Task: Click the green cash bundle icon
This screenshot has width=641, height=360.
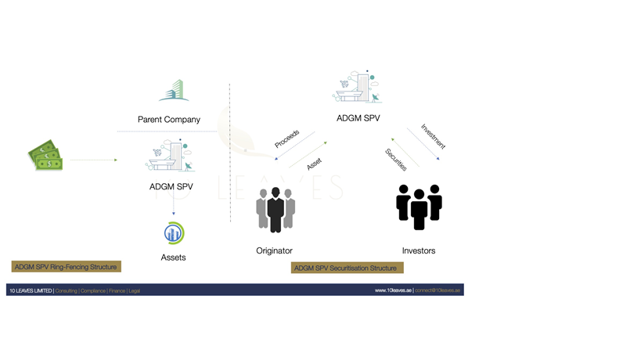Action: click(x=45, y=155)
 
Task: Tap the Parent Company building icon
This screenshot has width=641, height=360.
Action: click(x=174, y=91)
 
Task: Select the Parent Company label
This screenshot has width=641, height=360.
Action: click(x=169, y=120)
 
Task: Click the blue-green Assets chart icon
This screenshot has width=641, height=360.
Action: click(x=174, y=233)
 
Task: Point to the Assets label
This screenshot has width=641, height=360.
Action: click(x=173, y=257)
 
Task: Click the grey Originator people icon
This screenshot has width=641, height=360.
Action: click(x=275, y=210)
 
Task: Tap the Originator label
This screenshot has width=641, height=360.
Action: click(x=274, y=251)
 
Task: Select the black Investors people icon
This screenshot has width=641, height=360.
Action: click(x=419, y=207)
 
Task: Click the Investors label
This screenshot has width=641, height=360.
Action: click(x=419, y=251)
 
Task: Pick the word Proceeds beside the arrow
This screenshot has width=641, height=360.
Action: click(x=286, y=139)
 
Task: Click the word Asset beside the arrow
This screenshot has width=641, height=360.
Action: click(x=314, y=164)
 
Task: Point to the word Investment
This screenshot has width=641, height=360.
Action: click(x=433, y=136)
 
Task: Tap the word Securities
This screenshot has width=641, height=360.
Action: click(x=396, y=160)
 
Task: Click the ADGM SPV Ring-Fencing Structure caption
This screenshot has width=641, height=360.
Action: click(x=66, y=267)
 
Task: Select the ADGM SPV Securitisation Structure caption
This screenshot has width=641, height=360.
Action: click(x=346, y=268)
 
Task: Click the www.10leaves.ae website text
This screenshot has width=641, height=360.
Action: click(x=393, y=290)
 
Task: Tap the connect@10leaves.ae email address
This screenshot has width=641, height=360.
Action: click(x=438, y=290)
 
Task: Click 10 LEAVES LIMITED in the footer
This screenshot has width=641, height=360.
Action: click(x=31, y=290)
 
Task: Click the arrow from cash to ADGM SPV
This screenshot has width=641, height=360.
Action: click(x=93, y=160)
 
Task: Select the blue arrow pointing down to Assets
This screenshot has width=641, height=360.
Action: click(x=174, y=205)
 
